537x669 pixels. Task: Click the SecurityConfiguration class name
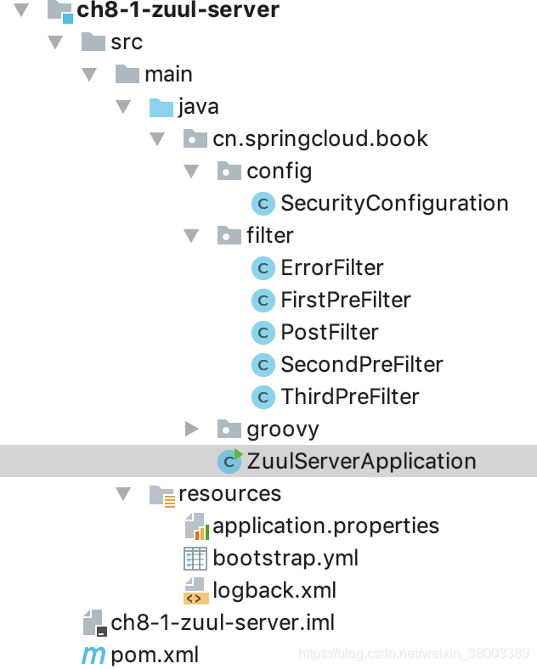[394, 203]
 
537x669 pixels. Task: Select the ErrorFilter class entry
[332, 268]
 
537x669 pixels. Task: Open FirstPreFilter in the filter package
[346, 300]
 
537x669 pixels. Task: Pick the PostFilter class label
[330, 332]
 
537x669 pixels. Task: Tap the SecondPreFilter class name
[362, 364]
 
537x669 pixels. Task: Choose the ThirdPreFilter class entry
[350, 396]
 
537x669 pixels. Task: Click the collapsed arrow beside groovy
[192, 429]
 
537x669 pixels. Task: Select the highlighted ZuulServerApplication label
[361, 461]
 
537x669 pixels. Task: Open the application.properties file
[325, 526]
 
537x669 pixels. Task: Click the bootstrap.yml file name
[285, 558]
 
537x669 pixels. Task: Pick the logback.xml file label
[274, 591]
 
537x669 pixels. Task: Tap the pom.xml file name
[155, 655]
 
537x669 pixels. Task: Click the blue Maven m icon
[93, 655]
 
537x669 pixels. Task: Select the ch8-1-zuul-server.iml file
[223, 623]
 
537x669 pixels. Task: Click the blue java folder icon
[161, 108]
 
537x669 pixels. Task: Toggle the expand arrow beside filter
[191, 235]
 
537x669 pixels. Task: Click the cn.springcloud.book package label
[320, 139]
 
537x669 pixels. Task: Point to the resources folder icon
[162, 495]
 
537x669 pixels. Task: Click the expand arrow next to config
[191, 171]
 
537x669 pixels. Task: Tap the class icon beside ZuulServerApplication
[230, 461]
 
